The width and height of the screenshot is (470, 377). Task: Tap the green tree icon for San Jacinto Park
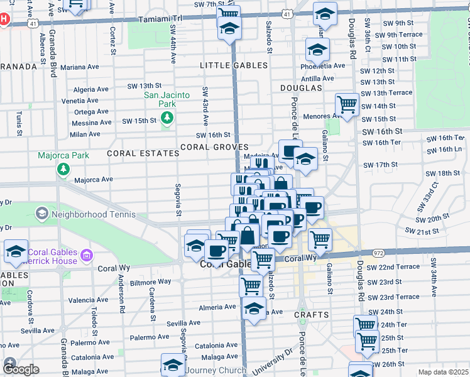[x=167, y=118]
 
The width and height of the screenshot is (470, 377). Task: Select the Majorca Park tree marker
[x=63, y=169]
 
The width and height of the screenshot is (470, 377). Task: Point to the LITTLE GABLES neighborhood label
[x=234, y=65]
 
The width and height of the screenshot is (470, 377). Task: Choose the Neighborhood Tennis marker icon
[x=42, y=213]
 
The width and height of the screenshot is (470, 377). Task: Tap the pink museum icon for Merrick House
[x=87, y=255]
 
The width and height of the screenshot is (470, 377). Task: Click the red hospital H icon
[x=4, y=19]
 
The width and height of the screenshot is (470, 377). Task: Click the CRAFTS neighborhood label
[x=311, y=314]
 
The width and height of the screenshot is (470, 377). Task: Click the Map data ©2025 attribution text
[x=443, y=372]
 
